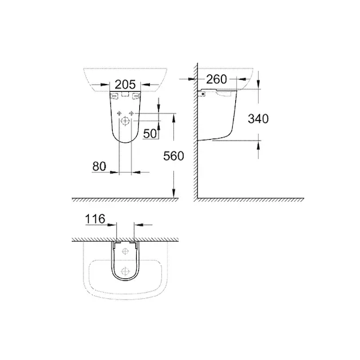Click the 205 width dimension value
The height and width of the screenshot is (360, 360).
point(125,85)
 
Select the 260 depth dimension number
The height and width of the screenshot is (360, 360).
point(217,79)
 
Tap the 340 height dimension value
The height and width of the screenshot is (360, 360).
point(258,119)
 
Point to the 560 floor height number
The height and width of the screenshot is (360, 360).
point(173,156)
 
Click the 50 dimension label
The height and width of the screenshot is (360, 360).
point(150,133)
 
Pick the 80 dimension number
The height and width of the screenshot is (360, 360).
point(99,166)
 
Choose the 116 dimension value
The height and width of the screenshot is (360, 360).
point(95,219)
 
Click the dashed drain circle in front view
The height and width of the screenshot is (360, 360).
point(125,121)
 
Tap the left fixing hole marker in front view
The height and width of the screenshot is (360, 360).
point(119,113)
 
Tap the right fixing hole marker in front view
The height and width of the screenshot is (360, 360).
point(131,113)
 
